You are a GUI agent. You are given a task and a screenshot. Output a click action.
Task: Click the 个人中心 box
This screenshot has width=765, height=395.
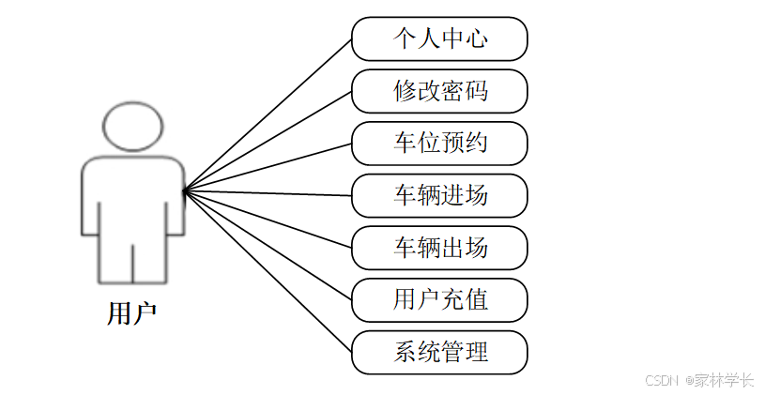coord(439,39)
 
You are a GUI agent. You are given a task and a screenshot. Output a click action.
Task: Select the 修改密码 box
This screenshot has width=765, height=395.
coord(439,91)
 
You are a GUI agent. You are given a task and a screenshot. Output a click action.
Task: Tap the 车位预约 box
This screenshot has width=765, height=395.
coord(439,144)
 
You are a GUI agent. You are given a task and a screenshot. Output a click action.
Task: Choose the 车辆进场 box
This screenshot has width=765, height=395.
coord(439,196)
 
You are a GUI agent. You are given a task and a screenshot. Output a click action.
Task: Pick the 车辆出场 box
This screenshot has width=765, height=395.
coord(439,249)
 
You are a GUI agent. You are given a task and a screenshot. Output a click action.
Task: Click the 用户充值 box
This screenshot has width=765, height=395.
coord(439,301)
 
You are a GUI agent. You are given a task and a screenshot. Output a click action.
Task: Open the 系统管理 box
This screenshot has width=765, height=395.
coord(439,353)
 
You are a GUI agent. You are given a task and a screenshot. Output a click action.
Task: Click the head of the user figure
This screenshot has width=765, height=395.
coord(132,126)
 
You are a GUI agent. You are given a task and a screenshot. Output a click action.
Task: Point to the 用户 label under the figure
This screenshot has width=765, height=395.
coord(131,312)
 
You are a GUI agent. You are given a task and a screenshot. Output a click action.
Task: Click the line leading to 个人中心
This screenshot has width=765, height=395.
coord(268,114)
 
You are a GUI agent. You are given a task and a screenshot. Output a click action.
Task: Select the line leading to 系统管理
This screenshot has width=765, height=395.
coord(268,272)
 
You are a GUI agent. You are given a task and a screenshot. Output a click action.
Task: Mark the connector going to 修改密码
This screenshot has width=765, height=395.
coord(268,141)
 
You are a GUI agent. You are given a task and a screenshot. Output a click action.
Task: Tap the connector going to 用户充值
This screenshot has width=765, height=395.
coord(268,246)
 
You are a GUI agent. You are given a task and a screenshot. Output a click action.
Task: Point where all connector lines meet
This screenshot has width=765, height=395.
coord(184,191)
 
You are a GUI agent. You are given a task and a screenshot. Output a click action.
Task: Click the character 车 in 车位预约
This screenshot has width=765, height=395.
coord(405,144)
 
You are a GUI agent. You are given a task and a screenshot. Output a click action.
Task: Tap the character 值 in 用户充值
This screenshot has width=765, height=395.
coord(477,301)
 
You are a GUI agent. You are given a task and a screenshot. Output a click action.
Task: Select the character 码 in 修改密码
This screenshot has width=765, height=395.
coord(477,91)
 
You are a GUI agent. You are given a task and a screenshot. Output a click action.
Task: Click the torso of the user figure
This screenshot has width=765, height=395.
coord(132,197)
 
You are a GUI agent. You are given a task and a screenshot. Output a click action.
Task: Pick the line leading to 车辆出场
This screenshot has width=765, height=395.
coord(268,220)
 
